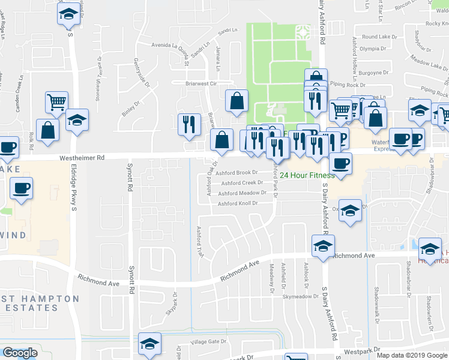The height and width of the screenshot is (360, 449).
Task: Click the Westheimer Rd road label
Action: tap(82, 158)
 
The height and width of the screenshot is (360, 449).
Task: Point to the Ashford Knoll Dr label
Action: tap(237, 203)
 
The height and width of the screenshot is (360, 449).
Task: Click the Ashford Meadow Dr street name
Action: tap(242, 193)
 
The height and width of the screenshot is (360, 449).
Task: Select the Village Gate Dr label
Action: tap(208, 341)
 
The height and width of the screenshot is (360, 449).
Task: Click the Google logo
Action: tap(20, 353)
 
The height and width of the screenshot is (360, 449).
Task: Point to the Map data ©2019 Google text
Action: tap(412, 355)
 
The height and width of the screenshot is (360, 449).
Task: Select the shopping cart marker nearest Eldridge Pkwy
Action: tap(56, 102)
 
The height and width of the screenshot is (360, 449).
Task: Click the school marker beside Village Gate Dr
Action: tap(149, 343)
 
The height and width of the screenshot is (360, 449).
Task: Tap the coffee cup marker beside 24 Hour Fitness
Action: tap(341, 163)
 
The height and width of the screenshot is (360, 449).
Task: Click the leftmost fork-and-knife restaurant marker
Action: tap(190, 124)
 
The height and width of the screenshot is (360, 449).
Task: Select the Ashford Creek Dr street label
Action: tap(242, 183)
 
